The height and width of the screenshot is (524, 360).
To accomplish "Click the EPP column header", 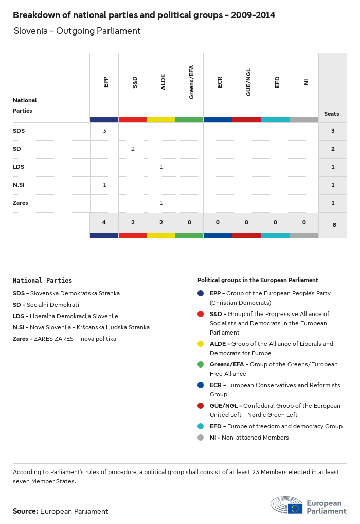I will click(x=106, y=82).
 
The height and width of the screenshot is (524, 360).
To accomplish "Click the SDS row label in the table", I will click(x=19, y=131).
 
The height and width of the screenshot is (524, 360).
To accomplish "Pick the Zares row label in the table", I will click(x=21, y=203).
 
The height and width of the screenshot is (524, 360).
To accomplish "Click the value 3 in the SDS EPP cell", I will click(x=104, y=131).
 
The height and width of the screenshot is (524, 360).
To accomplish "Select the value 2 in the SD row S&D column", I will click(x=133, y=149).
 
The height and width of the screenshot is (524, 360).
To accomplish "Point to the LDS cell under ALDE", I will click(x=161, y=167).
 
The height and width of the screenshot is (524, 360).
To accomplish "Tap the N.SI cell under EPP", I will click(x=104, y=185).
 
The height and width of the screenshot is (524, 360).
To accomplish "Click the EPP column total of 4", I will click(x=104, y=222).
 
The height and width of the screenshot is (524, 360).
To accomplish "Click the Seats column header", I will click(x=331, y=114).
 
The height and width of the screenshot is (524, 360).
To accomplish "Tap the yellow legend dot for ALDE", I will click(x=201, y=344).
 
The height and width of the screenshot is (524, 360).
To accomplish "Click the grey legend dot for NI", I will click(x=201, y=438).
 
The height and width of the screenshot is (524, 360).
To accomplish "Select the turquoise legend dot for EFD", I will click(x=201, y=426).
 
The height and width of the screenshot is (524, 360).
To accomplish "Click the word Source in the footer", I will click(x=25, y=511).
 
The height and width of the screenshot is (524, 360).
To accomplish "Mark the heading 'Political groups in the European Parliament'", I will click(x=258, y=280).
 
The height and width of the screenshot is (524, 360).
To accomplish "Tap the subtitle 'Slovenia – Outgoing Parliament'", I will click(x=77, y=31).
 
